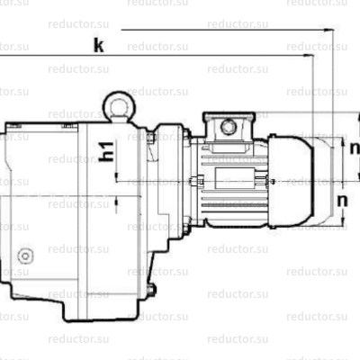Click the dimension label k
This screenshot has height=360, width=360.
point(98,45)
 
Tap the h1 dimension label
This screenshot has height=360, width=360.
point(106,152)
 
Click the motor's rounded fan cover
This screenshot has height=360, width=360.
point(294,179)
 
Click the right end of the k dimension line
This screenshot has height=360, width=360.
point(312,56)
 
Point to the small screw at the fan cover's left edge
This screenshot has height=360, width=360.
point(267,179)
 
